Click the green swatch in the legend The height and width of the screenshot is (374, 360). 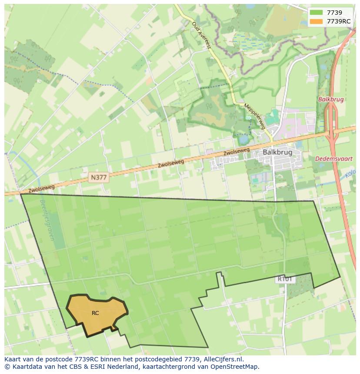(x=317, y=13)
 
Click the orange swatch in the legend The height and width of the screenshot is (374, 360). (x=317, y=21)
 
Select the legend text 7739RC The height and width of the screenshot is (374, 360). (x=339, y=21)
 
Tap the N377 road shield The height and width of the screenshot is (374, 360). (x=99, y=177)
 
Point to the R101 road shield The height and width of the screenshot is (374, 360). (x=285, y=279)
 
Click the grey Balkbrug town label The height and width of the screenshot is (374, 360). (x=277, y=152)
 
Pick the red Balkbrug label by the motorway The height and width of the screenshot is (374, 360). (x=331, y=99)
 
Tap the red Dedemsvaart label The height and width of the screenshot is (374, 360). (x=334, y=159)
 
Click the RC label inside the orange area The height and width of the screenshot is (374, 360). (x=95, y=313)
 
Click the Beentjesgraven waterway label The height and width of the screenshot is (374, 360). (x=47, y=220)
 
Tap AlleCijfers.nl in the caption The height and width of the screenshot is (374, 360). (x=223, y=359)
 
